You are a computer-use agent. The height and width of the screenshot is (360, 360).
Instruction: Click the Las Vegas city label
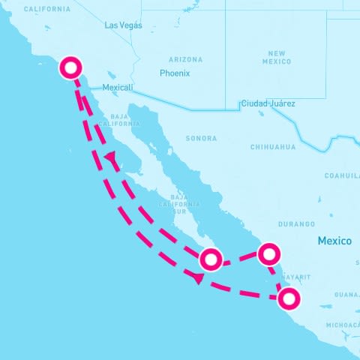(x=122, y=25)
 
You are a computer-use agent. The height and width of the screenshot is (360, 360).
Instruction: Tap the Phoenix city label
(x=175, y=73)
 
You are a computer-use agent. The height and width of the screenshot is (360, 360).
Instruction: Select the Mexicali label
(x=117, y=88)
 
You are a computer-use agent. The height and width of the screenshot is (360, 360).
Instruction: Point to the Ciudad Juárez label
(x=268, y=103)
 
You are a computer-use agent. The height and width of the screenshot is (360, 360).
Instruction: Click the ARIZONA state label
(x=185, y=59)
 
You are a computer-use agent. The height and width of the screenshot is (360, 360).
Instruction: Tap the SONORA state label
(x=201, y=139)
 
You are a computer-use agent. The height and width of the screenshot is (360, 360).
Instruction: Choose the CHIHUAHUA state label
(x=273, y=147)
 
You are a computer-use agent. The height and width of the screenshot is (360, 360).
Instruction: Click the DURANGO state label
(x=296, y=224)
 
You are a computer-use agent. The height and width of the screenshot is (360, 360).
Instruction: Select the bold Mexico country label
(x=334, y=241)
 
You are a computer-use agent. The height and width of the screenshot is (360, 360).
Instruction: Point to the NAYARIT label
(x=295, y=277)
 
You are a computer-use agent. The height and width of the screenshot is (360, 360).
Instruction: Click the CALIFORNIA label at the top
(x=47, y=9)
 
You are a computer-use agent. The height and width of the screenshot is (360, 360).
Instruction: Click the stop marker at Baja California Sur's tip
(x=211, y=259)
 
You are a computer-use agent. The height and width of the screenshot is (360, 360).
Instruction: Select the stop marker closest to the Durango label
(x=268, y=253)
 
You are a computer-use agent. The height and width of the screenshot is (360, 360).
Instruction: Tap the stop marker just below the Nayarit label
(x=289, y=298)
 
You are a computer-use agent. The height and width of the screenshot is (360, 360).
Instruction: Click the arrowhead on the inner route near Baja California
(x=112, y=158)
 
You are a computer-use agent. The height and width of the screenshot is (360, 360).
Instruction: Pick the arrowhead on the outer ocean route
(x=197, y=278)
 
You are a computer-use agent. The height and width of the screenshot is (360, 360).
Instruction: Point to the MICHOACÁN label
(x=343, y=325)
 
